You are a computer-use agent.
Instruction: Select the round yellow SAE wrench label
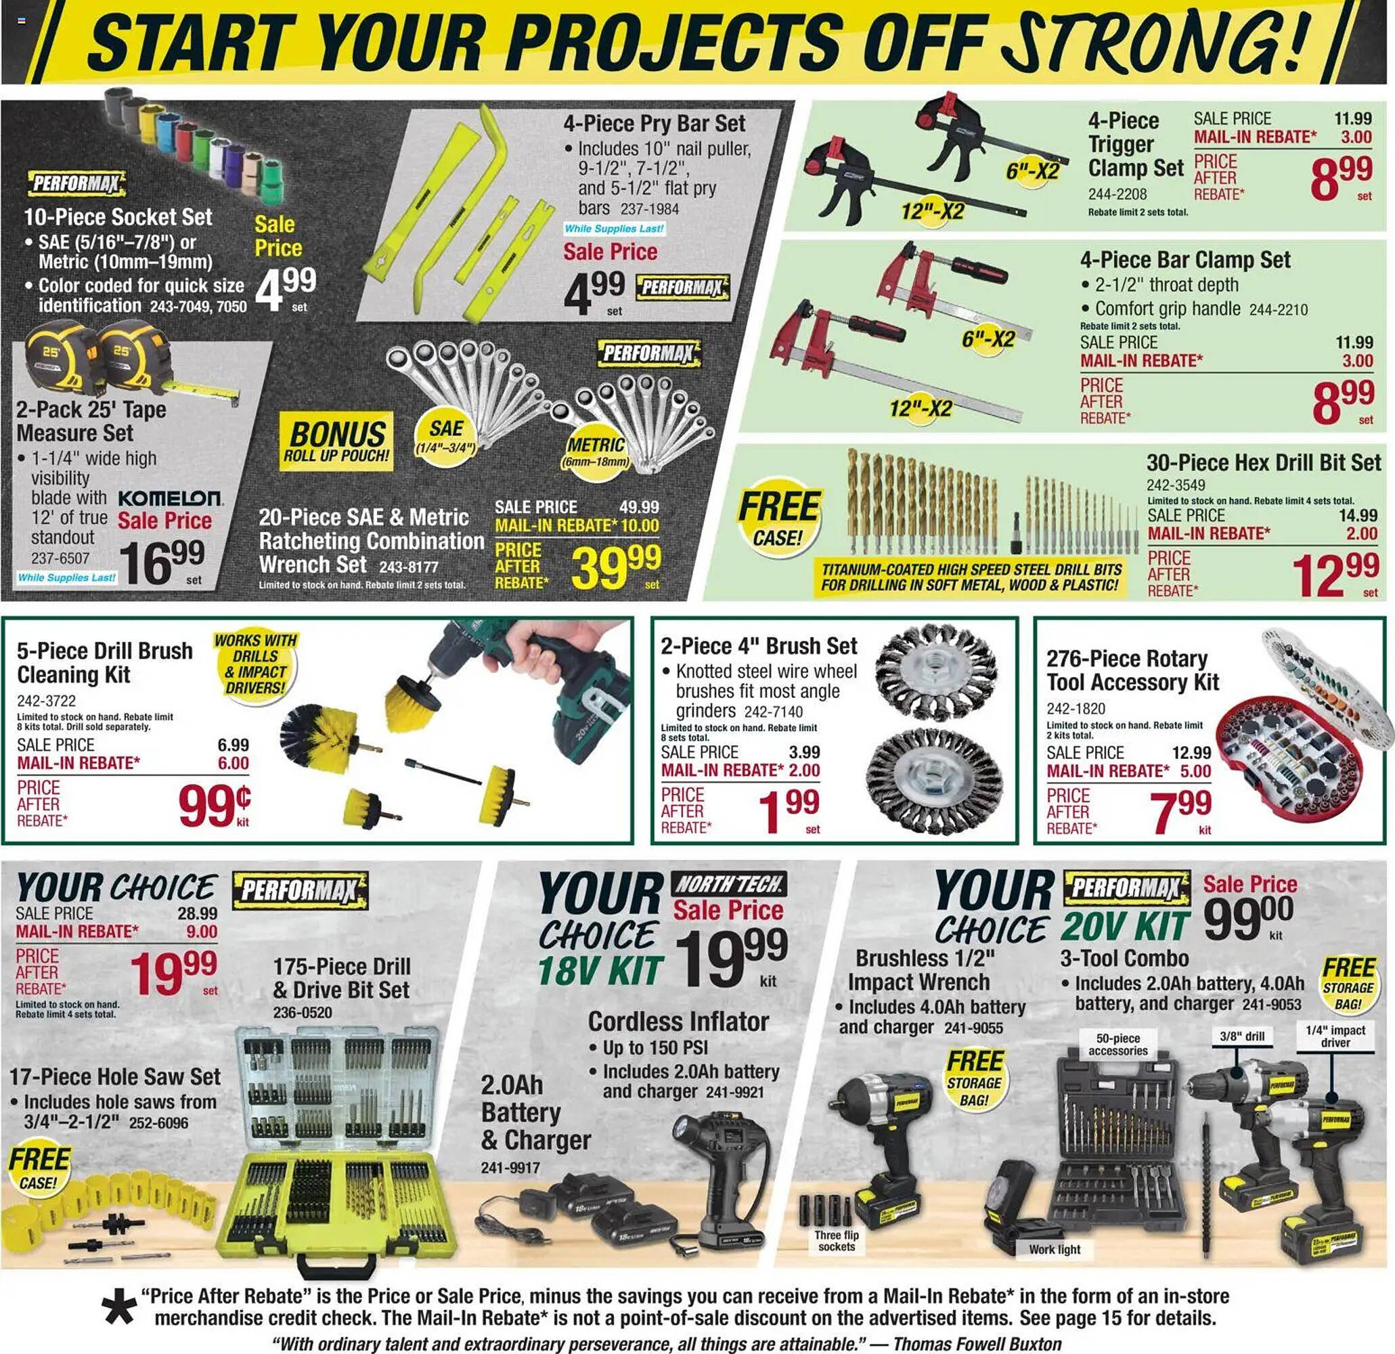pos(445,435)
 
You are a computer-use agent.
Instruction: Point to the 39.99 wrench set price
pos(617,567)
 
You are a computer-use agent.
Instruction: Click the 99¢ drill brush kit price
pos(213,806)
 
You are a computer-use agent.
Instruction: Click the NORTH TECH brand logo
pos(729,885)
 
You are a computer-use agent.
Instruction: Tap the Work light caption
pos(1054,1249)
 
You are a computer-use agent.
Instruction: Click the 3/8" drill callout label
pos(1242,1036)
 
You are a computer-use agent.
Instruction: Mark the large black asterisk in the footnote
pos(118,1308)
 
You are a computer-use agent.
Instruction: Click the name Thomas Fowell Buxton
pos(977,1343)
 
